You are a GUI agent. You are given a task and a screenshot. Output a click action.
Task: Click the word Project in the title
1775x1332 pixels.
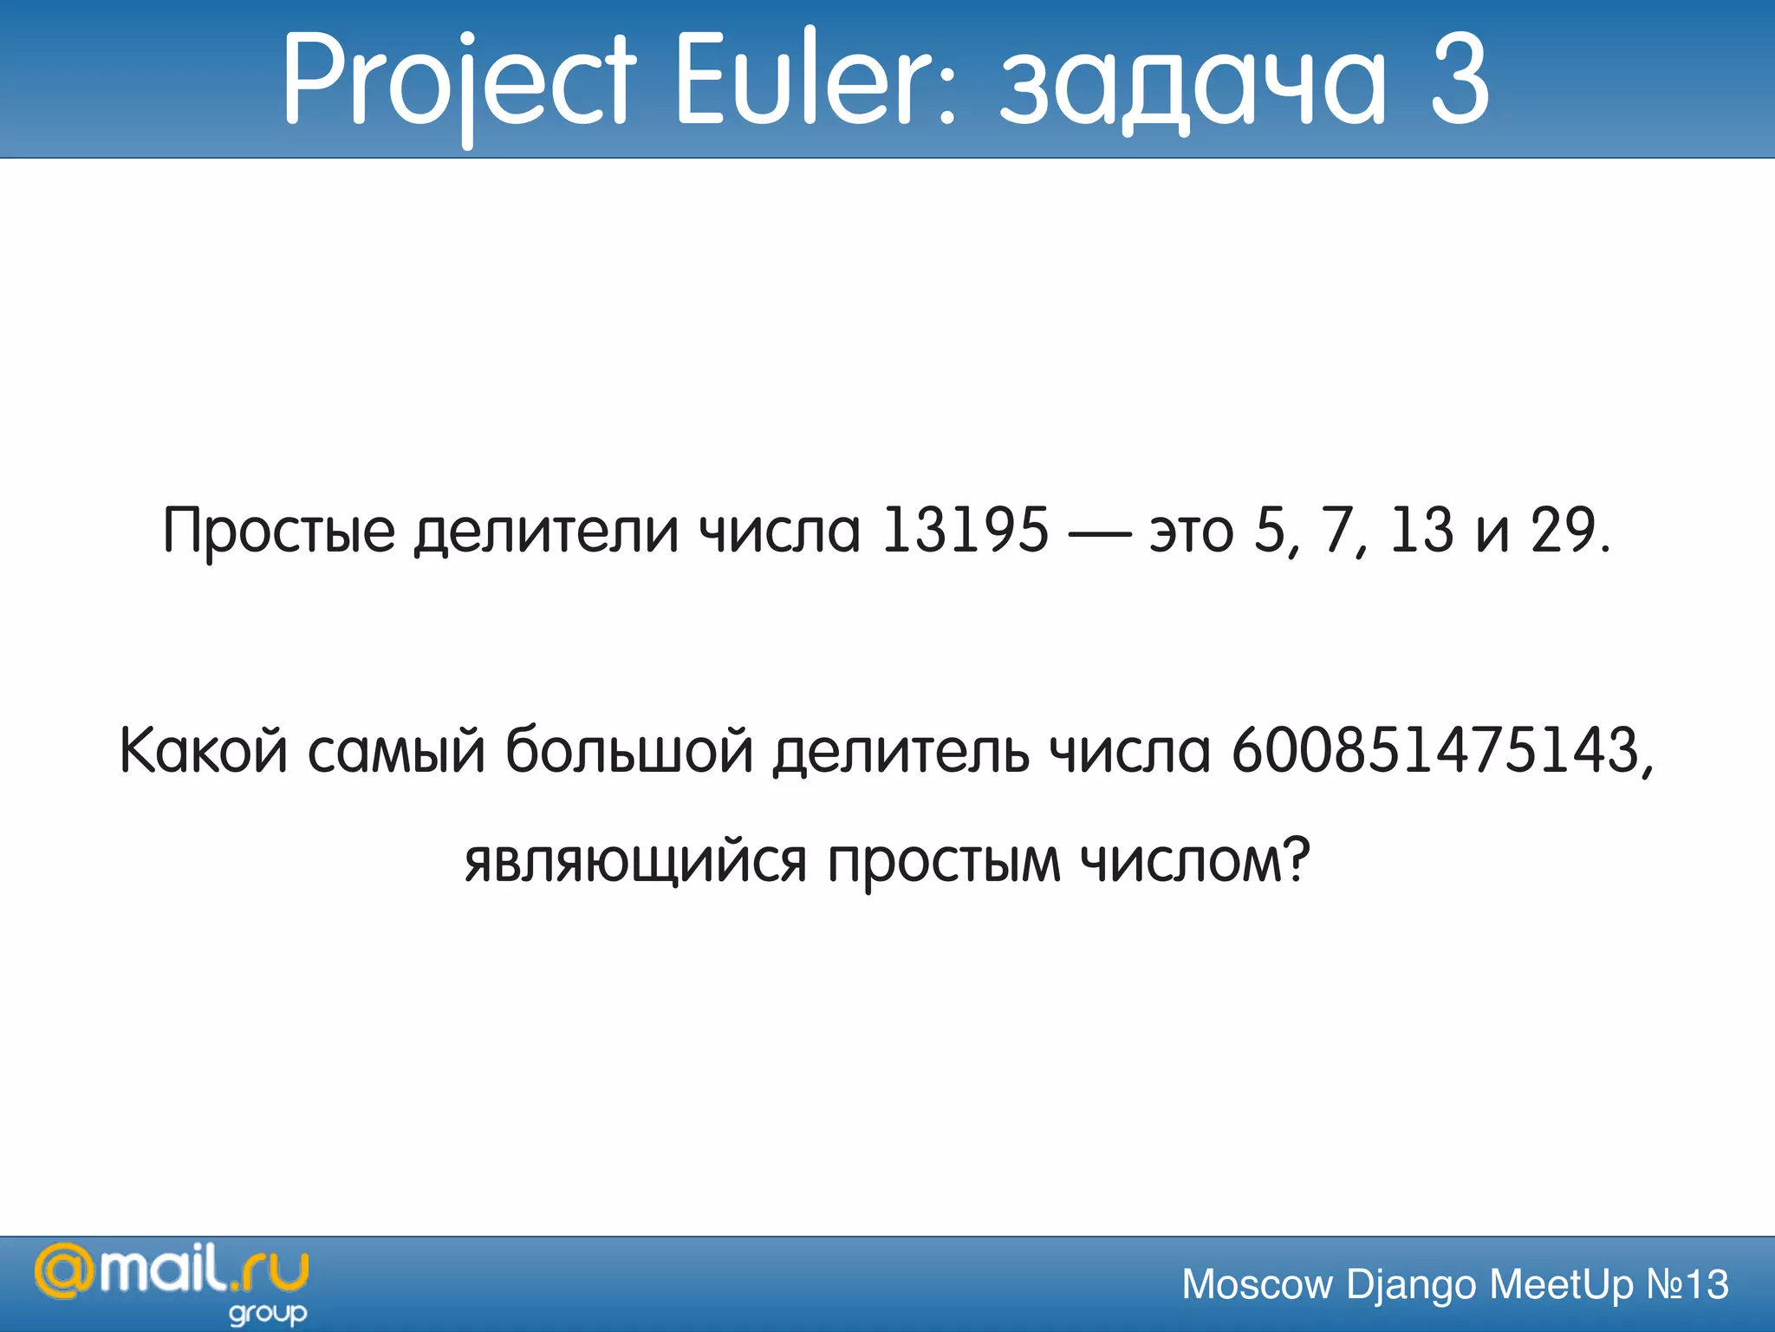459,82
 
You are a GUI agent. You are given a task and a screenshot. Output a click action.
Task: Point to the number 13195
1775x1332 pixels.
965,530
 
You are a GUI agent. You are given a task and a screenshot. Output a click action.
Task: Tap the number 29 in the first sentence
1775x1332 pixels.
1564,530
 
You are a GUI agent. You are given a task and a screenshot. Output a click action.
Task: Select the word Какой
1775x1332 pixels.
203,750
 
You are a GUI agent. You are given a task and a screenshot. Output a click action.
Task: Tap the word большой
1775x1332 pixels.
629,750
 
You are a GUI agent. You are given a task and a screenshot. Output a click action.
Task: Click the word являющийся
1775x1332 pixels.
635,863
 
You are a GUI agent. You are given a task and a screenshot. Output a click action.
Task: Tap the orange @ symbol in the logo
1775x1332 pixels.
63,1273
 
